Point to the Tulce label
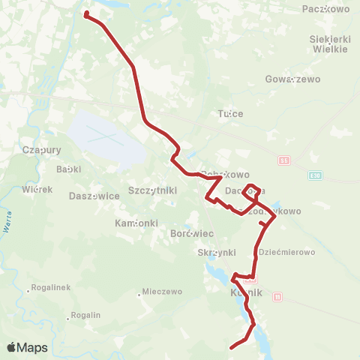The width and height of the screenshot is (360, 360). [230, 114]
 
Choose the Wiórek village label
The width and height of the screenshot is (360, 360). [37, 189]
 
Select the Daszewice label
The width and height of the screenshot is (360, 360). [94, 195]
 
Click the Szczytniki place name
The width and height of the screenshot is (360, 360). [153, 190]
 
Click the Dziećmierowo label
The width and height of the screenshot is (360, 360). [286, 252]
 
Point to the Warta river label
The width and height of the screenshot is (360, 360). [8, 223]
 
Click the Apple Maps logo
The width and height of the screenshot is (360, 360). [27, 347]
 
